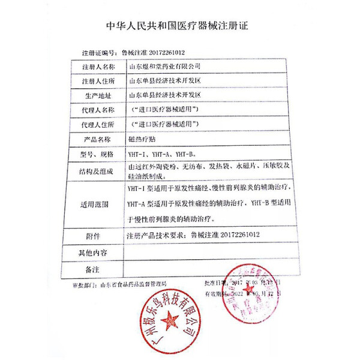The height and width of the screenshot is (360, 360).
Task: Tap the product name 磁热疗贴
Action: [x=140, y=139]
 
